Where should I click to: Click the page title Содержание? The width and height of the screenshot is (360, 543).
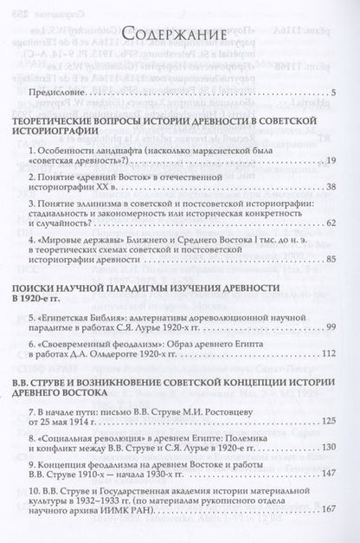pyautogui.click(x=179, y=34)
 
